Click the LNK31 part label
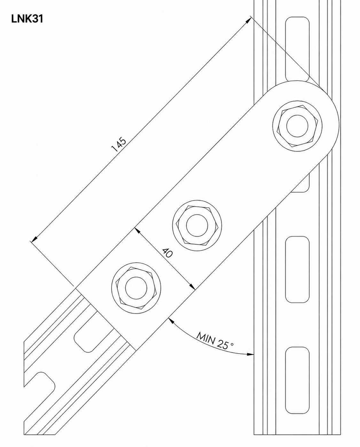27,19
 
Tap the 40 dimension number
167,252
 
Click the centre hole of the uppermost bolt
297,126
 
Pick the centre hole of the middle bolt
197,225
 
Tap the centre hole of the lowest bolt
136,288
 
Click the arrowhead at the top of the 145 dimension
248,20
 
